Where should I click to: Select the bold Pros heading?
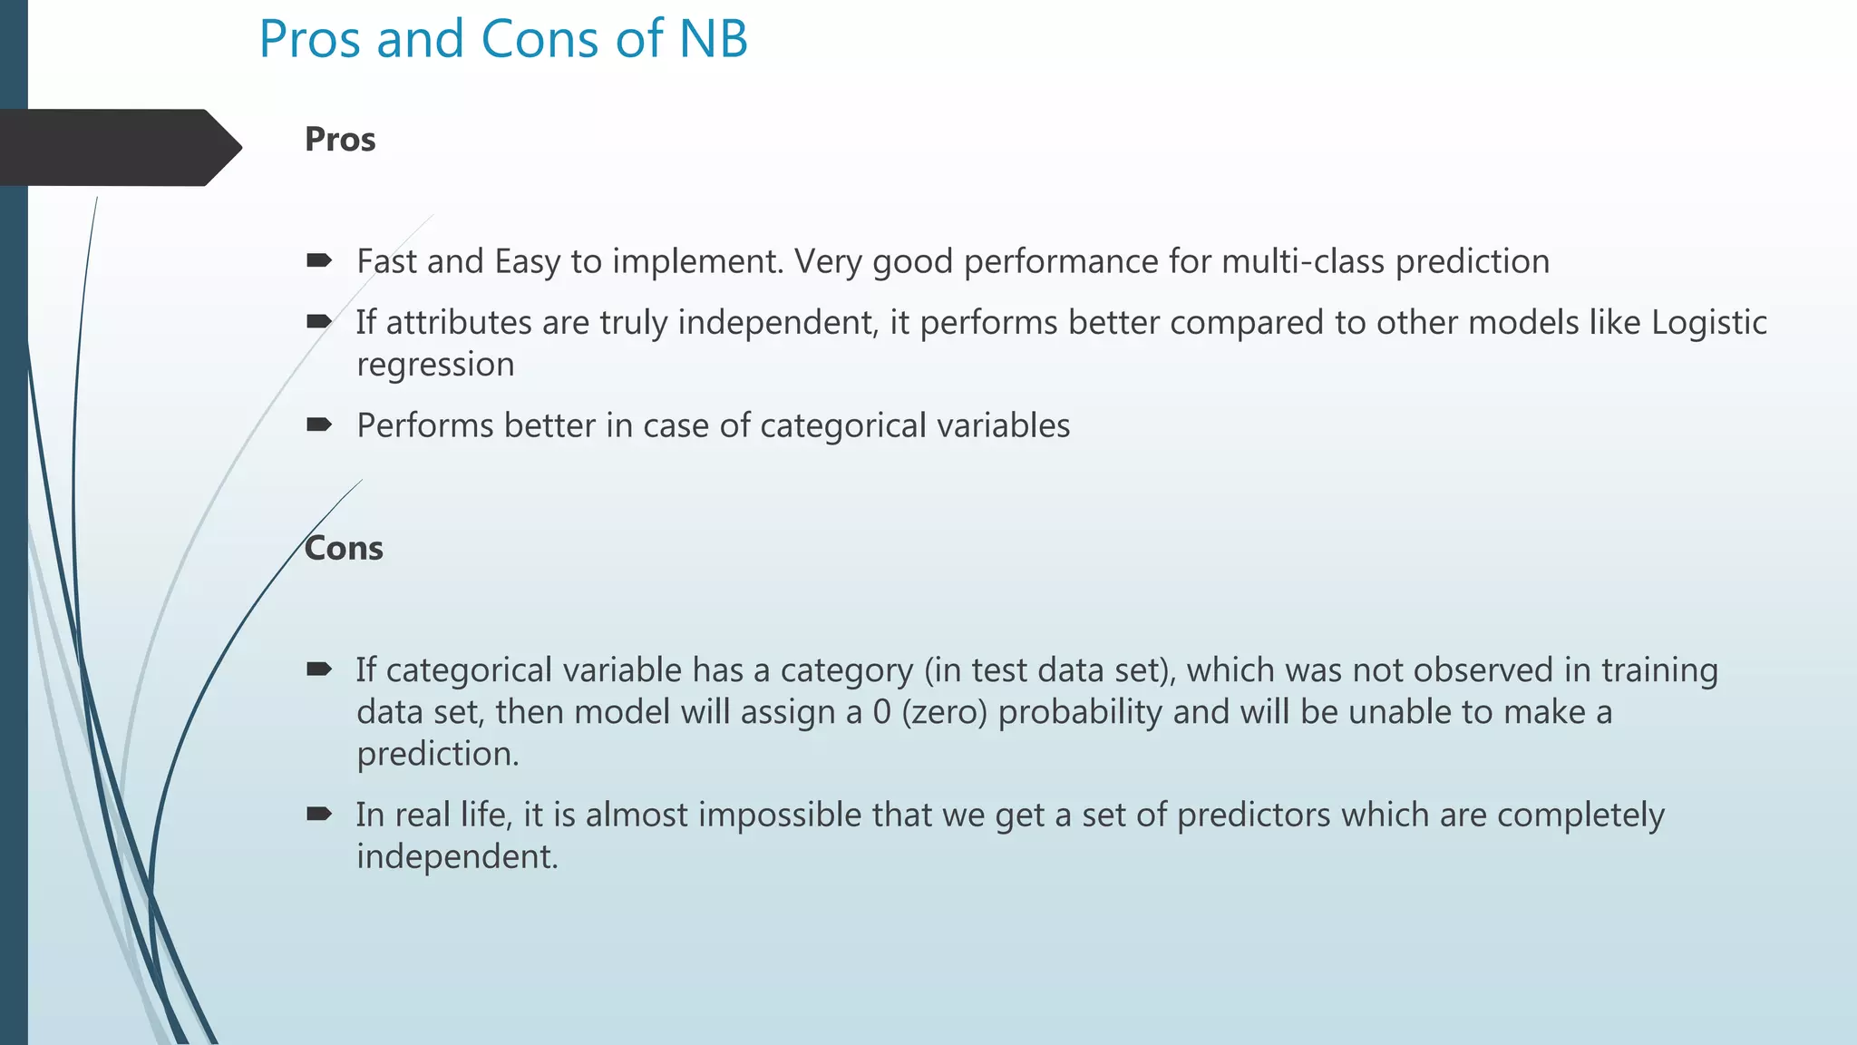(x=340, y=140)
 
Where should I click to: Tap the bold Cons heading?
(x=344, y=549)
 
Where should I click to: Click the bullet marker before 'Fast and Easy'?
(x=319, y=261)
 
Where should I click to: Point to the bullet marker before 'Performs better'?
(x=319, y=425)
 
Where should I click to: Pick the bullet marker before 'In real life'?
(x=319, y=814)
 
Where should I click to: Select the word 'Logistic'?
(x=1708, y=323)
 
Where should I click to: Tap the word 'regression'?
(x=435, y=365)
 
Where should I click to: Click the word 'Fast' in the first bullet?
(x=386, y=261)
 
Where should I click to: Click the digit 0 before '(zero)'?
(x=881, y=712)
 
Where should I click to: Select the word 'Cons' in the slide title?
(x=539, y=40)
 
